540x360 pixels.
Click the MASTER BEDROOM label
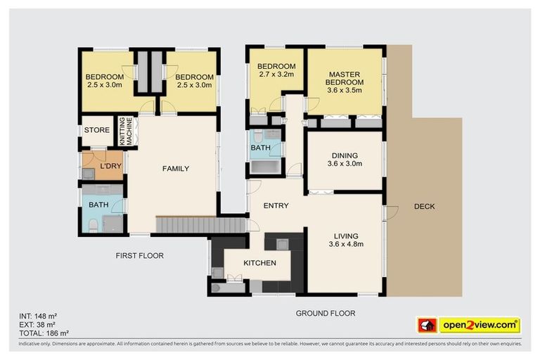(344, 82)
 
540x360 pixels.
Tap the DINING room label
(344, 160)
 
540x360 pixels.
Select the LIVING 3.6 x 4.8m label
(345, 240)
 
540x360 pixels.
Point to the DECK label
(424, 206)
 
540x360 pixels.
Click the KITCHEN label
(260, 263)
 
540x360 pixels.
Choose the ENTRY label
(276, 206)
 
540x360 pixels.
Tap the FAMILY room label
(176, 168)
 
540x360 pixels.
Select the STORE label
(97, 130)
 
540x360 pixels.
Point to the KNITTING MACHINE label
(127, 131)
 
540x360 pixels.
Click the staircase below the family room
(200, 225)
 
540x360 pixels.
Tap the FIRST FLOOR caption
(139, 256)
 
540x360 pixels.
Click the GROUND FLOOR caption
(325, 313)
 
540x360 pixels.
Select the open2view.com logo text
(480, 325)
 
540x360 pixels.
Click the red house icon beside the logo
(427, 326)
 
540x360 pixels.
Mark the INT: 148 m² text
(39, 316)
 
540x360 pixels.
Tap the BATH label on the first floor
(98, 205)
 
